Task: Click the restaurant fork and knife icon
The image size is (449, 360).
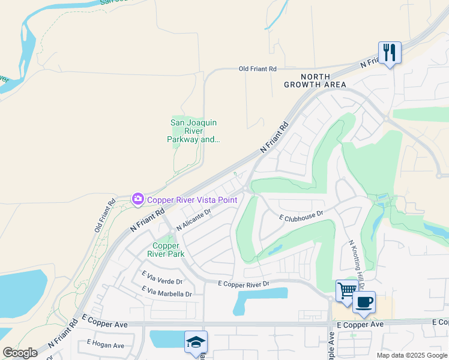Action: [x=390, y=53]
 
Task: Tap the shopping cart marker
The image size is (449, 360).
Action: [x=346, y=291]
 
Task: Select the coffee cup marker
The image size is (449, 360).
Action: [x=364, y=302]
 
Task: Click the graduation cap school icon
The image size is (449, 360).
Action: [x=196, y=341]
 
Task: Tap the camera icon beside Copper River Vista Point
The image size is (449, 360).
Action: [x=138, y=199]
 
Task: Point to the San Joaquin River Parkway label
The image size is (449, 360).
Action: [x=193, y=131]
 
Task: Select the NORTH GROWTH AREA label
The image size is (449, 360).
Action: [x=324, y=80]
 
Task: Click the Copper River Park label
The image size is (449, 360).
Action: [x=166, y=250]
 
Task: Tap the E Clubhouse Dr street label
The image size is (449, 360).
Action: [x=301, y=215]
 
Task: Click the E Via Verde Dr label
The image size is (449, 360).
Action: [x=162, y=277]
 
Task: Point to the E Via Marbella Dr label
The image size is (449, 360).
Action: [x=167, y=292]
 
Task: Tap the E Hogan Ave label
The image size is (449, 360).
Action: [x=105, y=344]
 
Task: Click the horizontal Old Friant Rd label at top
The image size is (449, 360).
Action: [x=258, y=69]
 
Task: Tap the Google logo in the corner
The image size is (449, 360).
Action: [x=20, y=353]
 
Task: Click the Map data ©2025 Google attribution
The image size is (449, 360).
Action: [x=412, y=355]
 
